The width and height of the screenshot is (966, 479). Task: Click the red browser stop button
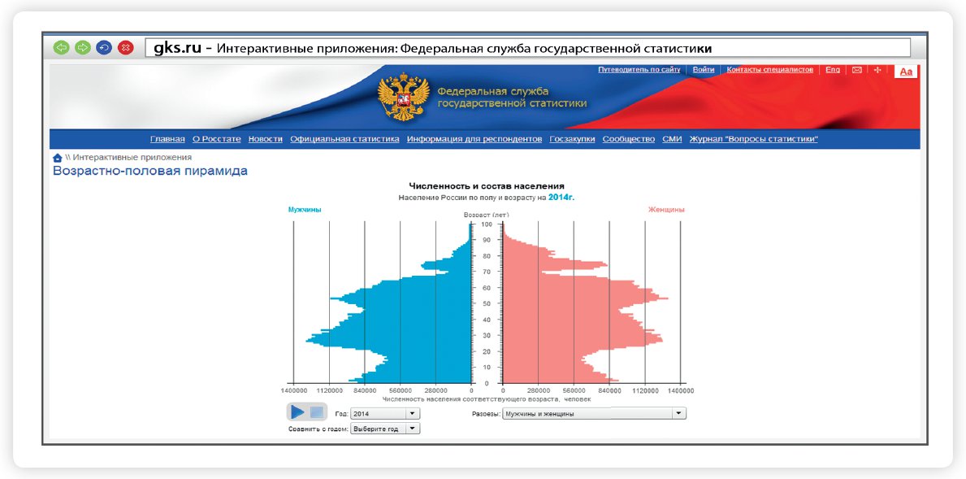pos(126,47)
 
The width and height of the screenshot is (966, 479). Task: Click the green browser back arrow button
pos(61,47)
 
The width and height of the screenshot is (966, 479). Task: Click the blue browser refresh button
pos(104,47)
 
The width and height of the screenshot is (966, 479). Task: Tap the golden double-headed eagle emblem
pos(404,97)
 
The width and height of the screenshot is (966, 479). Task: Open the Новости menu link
pos(266,139)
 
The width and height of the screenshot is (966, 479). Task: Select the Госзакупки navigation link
pos(572,139)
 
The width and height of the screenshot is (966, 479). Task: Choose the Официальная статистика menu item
pos(345,139)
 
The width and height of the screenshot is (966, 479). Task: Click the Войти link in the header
pos(704,70)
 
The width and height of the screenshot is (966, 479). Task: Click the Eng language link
pos(833,70)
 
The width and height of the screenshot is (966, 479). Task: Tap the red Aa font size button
pos(906,72)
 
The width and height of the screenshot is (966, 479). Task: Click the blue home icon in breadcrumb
pos(58,158)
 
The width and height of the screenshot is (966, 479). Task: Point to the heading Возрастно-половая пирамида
pos(150,171)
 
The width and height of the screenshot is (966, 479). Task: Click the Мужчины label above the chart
pos(305,210)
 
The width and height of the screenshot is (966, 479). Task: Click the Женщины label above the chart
pos(666,210)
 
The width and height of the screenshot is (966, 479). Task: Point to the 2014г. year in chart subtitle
pos(565,198)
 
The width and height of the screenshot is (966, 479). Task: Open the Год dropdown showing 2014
pos(385,414)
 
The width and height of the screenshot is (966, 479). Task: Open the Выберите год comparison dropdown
pos(385,429)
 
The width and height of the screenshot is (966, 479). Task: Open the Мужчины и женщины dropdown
pos(595,414)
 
